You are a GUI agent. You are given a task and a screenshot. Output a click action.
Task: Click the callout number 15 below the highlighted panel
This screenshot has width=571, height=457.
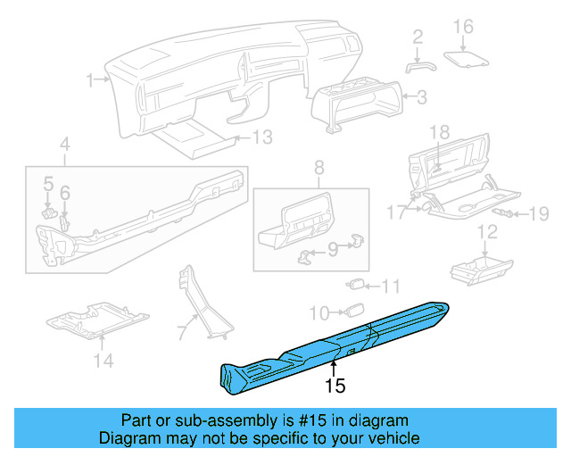pyautogui.click(x=335, y=386)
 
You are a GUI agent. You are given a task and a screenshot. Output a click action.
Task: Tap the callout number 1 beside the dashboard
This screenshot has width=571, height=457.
pyautogui.click(x=90, y=80)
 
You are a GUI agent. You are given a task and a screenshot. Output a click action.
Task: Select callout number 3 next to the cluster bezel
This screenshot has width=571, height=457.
pyautogui.click(x=422, y=96)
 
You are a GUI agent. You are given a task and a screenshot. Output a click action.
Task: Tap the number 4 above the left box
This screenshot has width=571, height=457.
pyautogui.click(x=64, y=143)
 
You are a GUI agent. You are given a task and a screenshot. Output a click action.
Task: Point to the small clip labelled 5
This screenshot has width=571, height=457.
pyautogui.click(x=51, y=212)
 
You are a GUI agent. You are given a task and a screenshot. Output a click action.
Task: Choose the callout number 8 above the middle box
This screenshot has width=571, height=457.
pyautogui.click(x=318, y=167)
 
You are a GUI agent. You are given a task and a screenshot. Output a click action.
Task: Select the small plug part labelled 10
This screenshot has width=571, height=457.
pyautogui.click(x=354, y=311)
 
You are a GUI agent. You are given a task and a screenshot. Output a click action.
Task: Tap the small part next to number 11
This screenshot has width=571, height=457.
pyautogui.click(x=356, y=286)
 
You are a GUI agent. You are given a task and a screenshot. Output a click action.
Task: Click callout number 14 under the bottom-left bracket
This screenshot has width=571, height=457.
pyautogui.click(x=103, y=361)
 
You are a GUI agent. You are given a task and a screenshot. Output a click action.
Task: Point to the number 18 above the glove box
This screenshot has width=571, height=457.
pyautogui.click(x=439, y=133)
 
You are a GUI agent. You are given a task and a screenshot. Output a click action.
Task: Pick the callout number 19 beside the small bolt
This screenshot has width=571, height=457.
pyautogui.click(x=539, y=213)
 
